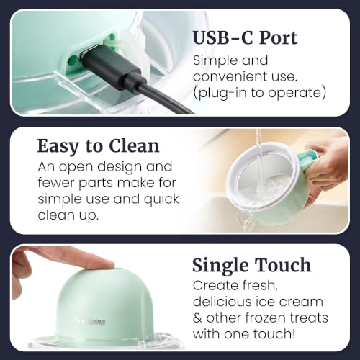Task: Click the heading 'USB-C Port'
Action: (245, 38)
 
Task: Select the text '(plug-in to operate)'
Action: (259, 93)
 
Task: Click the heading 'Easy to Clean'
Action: (98, 146)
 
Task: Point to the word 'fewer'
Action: (55, 183)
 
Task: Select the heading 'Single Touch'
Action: (252, 265)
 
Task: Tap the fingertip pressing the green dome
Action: (106, 264)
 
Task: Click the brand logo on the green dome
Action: (89, 321)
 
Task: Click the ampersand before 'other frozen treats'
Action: (197, 318)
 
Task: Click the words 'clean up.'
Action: (68, 215)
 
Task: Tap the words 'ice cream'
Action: (289, 301)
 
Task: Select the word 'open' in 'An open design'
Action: (76, 167)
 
